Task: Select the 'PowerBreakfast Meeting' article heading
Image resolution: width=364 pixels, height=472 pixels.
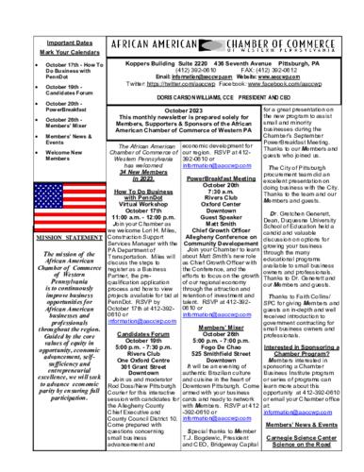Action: point(225,177)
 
